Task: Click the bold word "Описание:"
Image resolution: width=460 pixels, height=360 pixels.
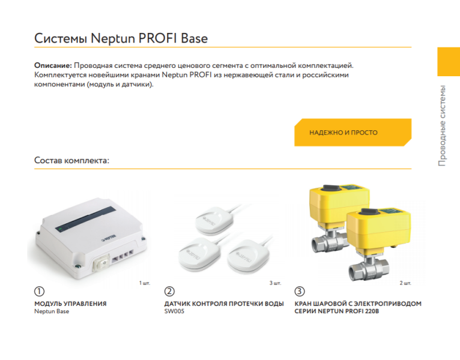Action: click(52, 64)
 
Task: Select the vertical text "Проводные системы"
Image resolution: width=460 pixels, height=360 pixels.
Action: click(442, 126)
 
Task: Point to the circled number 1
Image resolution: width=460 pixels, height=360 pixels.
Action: click(40, 292)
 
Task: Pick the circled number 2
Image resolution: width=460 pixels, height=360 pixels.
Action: click(169, 292)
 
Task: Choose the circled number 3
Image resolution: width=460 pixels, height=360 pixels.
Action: click(300, 292)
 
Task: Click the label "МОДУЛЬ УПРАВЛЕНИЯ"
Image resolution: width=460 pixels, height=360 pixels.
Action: click(70, 304)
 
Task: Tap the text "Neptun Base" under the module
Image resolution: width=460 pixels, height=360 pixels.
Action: click(52, 312)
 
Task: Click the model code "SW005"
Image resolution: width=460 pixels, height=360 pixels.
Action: click(174, 312)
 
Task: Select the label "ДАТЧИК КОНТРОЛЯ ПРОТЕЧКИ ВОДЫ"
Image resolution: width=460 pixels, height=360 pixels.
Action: click(224, 304)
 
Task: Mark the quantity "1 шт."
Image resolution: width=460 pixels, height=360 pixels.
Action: click(145, 282)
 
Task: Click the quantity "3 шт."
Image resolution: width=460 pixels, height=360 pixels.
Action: click(275, 282)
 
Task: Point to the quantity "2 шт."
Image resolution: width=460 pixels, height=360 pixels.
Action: click(405, 282)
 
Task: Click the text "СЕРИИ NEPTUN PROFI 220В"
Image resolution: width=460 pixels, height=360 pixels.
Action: click(337, 312)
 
